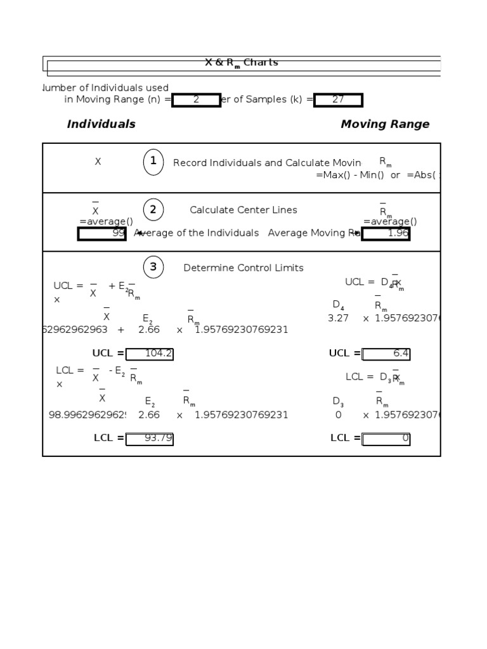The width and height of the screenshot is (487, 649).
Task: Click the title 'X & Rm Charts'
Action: pos(241,63)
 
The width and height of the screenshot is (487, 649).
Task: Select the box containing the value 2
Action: pos(197,100)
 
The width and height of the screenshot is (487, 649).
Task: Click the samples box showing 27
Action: pos(338,100)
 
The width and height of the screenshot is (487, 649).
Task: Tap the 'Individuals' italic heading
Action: pos(101,124)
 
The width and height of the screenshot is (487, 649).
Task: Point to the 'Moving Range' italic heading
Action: pos(385,124)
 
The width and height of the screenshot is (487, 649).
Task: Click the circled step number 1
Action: pos(153,162)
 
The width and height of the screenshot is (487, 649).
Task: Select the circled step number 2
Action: pos(153,210)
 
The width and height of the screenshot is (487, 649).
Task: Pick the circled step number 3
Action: pos(153,267)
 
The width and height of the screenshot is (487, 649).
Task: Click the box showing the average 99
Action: pos(102,234)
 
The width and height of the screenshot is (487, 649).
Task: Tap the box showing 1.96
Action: pos(386,234)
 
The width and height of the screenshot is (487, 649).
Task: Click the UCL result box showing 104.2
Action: pos(150,354)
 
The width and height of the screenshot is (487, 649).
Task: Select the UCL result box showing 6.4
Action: pos(386,354)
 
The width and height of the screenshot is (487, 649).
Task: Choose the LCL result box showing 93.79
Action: pos(150,439)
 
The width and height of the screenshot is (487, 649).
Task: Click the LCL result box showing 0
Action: pos(386,439)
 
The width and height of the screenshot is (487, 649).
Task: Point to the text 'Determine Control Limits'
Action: pos(243,268)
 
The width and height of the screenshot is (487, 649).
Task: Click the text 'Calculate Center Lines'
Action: pos(243,210)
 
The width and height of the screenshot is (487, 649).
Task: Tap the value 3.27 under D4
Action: pos(338,319)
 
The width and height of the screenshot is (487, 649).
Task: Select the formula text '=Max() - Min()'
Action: pos(350,175)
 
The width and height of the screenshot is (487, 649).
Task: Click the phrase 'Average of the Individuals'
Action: pos(197,233)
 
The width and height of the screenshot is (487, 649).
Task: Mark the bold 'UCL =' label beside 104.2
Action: pos(108,354)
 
